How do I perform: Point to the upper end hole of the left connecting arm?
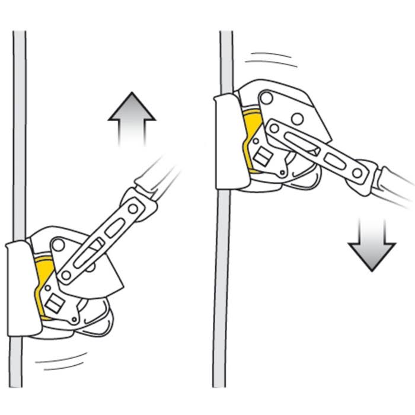[x=133, y=208]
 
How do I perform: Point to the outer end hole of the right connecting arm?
[x=357, y=172]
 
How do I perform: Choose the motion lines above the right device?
[x=270, y=59]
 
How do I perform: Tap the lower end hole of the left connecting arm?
[x=66, y=275]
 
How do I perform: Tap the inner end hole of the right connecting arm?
[x=274, y=127]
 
